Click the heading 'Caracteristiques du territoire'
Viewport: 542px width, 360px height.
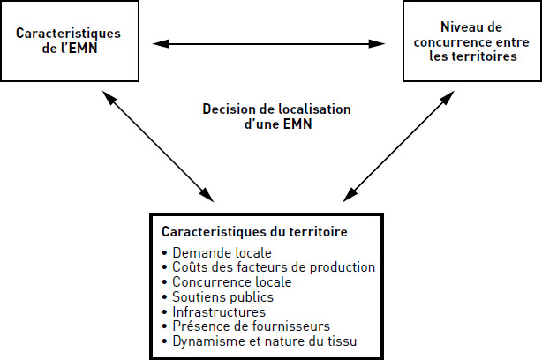coord(254,231)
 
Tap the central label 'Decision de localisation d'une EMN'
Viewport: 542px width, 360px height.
coord(277,116)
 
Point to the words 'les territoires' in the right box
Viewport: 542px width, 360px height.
coord(473,56)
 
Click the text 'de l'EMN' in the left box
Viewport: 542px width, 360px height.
coord(70,48)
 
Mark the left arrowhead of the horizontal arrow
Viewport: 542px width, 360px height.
coord(161,44)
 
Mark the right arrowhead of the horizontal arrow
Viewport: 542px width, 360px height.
coord(377,44)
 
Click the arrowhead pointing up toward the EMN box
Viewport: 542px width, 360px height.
coord(109,97)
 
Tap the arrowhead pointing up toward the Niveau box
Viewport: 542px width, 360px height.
coord(448,97)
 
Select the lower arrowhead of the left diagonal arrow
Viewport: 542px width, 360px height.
coord(207,196)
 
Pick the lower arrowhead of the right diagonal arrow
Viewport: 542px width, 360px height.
coord(349,196)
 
